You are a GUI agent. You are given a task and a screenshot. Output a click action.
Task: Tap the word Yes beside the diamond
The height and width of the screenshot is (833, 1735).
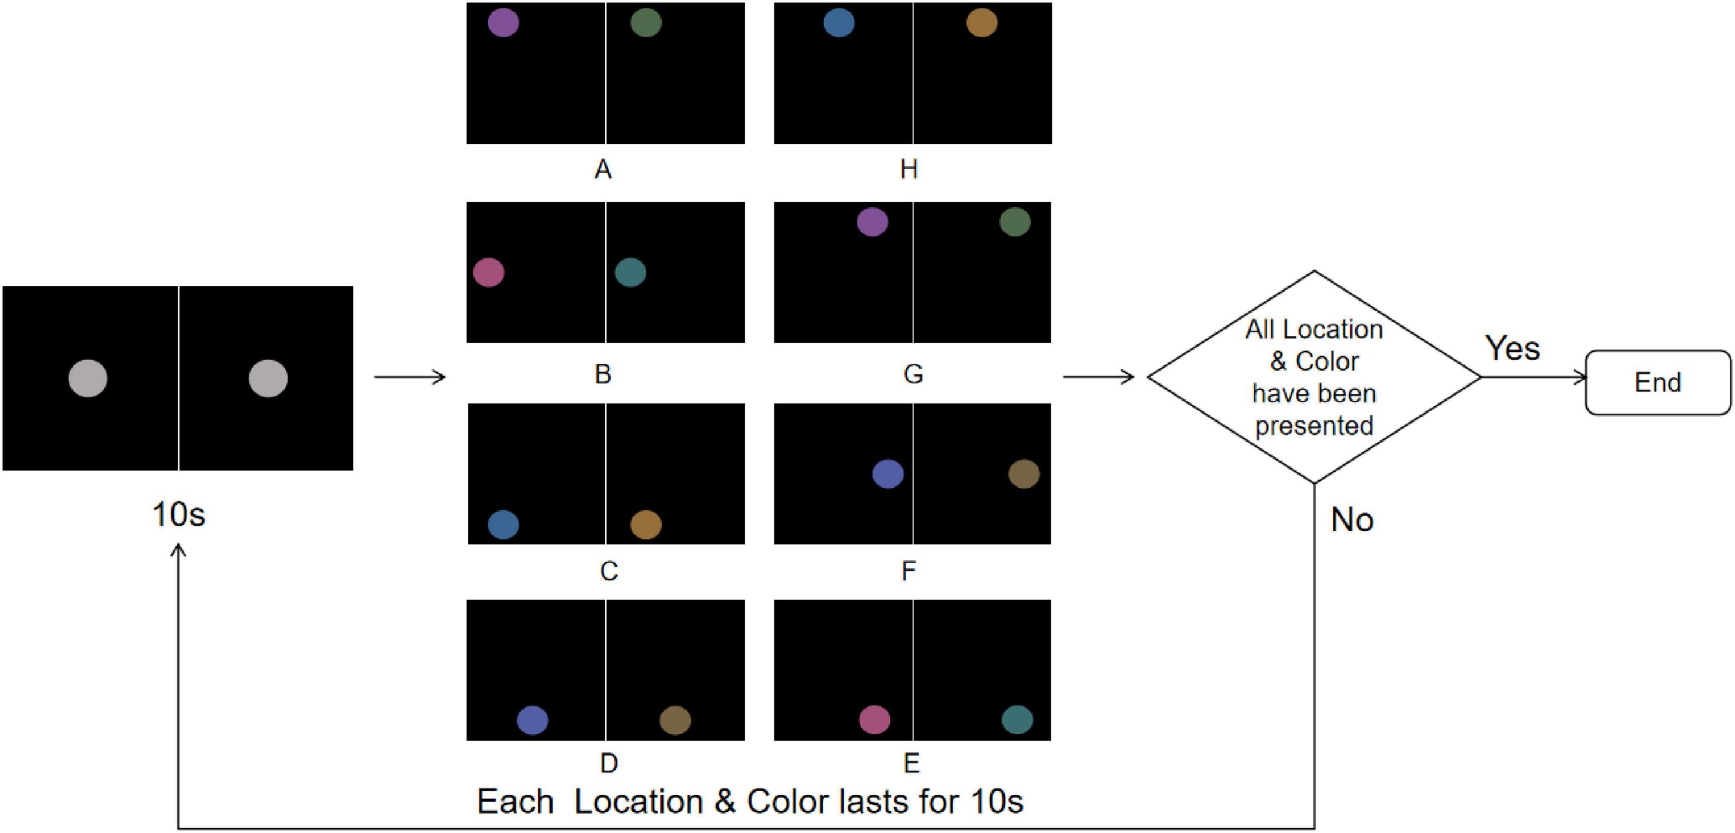pyautogui.click(x=1512, y=348)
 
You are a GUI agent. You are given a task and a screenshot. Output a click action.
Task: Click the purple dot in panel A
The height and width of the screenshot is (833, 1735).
pyautogui.click(x=503, y=22)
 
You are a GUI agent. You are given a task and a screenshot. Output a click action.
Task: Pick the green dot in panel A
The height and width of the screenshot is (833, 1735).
pyautogui.click(x=646, y=22)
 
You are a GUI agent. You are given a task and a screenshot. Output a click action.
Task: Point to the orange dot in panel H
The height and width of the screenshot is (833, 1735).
pyautogui.click(x=981, y=22)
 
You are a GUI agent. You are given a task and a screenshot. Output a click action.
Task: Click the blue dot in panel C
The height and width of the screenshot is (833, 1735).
pyautogui.click(x=503, y=524)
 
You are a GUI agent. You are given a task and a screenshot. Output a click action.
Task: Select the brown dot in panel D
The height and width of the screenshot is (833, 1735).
pyautogui.click(x=675, y=720)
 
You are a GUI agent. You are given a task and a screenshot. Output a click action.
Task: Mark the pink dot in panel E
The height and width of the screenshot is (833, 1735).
pyautogui.click(x=874, y=719)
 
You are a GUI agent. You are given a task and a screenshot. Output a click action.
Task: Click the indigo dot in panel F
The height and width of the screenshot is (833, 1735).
pyautogui.click(x=888, y=473)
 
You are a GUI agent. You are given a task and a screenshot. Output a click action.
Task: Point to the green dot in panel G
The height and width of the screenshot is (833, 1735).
pyautogui.click(x=1015, y=221)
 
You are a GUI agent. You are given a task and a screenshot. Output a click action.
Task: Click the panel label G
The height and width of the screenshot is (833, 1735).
pyautogui.click(x=913, y=374)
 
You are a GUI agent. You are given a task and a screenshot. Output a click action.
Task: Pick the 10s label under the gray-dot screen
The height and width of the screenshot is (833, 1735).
pyautogui.click(x=178, y=514)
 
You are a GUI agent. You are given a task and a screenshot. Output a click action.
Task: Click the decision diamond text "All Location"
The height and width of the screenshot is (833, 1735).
pyautogui.click(x=1313, y=329)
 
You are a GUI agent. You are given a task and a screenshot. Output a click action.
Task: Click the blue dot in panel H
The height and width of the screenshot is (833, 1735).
pyautogui.click(x=838, y=22)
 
